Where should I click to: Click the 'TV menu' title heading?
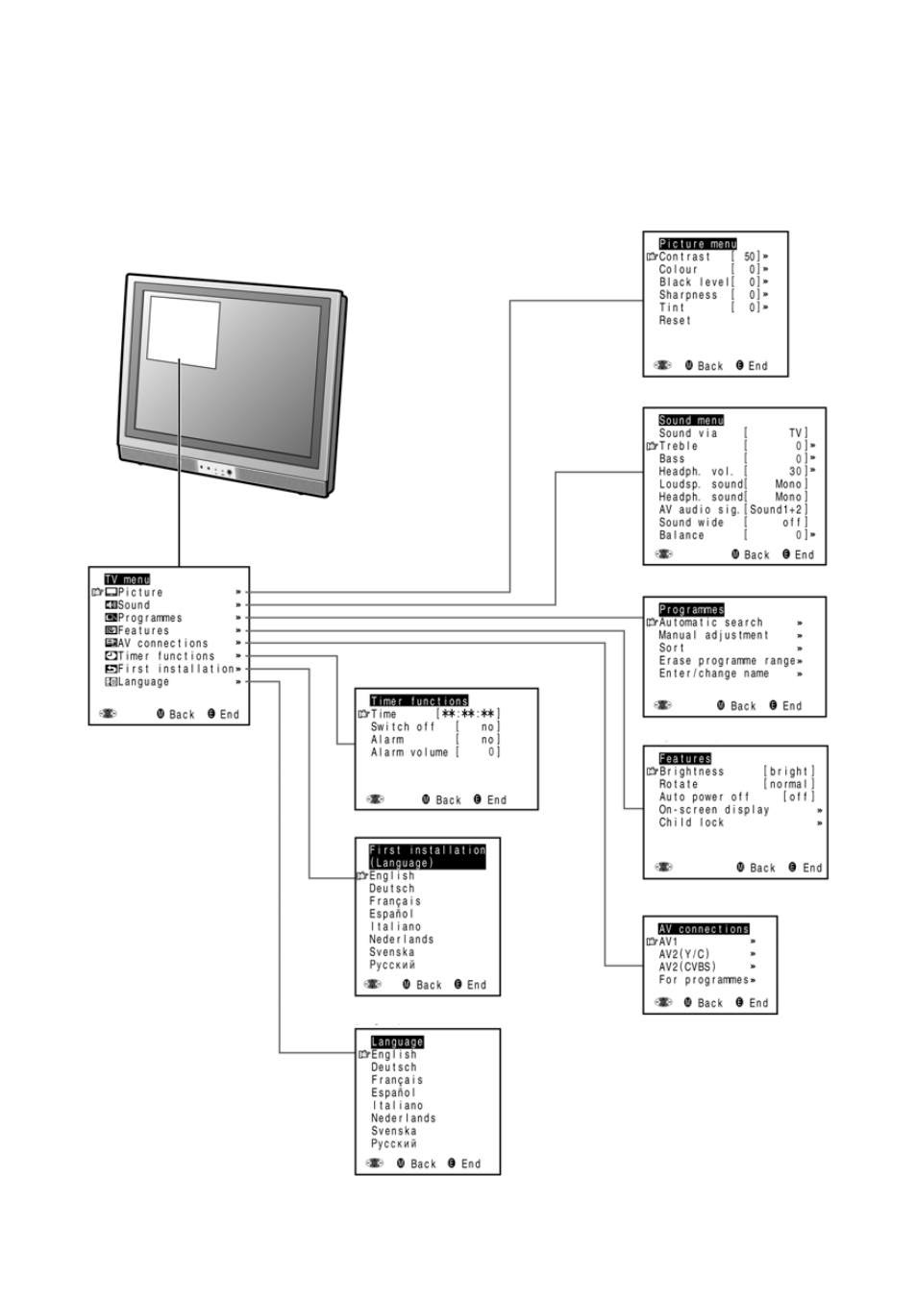point(127,579)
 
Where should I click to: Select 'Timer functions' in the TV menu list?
point(166,656)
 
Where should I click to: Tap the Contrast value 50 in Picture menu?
point(750,257)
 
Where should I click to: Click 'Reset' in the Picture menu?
point(675,320)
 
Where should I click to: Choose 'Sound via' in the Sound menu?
point(688,433)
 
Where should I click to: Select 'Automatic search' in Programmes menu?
point(710,623)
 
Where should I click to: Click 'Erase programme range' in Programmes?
point(727,660)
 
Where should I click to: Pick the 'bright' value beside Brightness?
point(789,772)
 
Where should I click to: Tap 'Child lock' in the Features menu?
point(691,822)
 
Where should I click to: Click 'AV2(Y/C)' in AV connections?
point(684,954)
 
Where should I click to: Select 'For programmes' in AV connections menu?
point(704,979)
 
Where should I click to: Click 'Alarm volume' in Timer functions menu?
point(409,752)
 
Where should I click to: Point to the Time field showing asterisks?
point(468,714)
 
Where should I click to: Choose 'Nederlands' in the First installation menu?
point(402,939)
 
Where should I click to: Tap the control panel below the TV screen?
point(216,469)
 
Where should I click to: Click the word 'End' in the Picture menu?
point(757,366)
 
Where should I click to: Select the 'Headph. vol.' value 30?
point(795,472)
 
